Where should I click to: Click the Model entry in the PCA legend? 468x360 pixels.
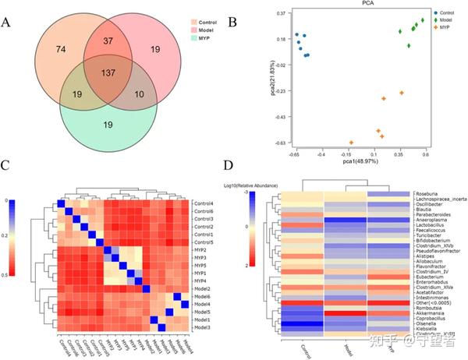(445, 21)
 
